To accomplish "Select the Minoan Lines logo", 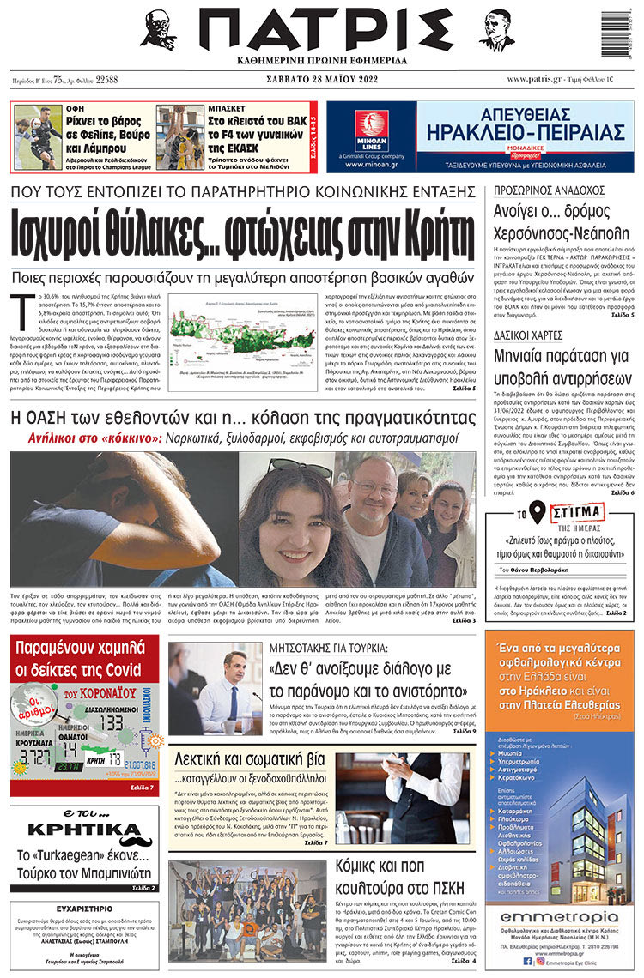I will tap(372, 131).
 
